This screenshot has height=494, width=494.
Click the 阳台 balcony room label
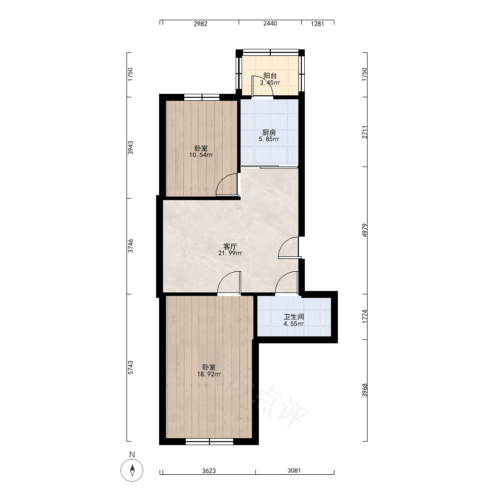(270, 76)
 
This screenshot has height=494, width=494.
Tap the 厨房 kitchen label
(269, 132)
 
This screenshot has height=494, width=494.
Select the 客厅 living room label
(230, 247)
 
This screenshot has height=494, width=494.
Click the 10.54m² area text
(201, 155)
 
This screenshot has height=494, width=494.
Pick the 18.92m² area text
(209, 374)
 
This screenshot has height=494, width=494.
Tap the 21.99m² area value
(230, 253)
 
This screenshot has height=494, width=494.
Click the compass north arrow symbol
(132, 470)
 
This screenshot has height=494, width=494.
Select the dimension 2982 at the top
(201, 24)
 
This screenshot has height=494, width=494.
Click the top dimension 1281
(317, 24)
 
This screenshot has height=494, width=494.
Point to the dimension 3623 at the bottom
(209, 471)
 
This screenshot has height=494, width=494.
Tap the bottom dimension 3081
(294, 470)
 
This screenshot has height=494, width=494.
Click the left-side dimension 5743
(130, 368)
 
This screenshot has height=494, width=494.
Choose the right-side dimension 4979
(365, 230)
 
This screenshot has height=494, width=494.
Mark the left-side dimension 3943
(130, 147)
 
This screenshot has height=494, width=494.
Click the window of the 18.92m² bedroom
(209, 441)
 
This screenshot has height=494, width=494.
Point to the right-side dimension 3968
(365, 390)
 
